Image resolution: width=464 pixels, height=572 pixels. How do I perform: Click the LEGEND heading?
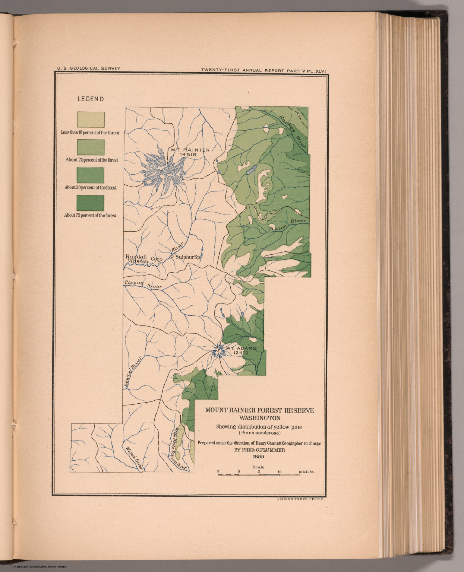(90, 99)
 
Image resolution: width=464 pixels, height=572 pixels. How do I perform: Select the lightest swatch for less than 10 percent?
(91, 120)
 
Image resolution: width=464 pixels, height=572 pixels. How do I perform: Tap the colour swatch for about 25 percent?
(91, 147)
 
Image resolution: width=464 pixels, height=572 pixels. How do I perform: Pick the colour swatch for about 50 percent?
(91, 175)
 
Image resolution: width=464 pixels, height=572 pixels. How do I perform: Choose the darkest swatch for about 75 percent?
(91, 203)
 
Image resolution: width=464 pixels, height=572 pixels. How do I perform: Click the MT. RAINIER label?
(190, 150)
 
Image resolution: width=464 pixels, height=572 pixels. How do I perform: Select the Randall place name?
(136, 257)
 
